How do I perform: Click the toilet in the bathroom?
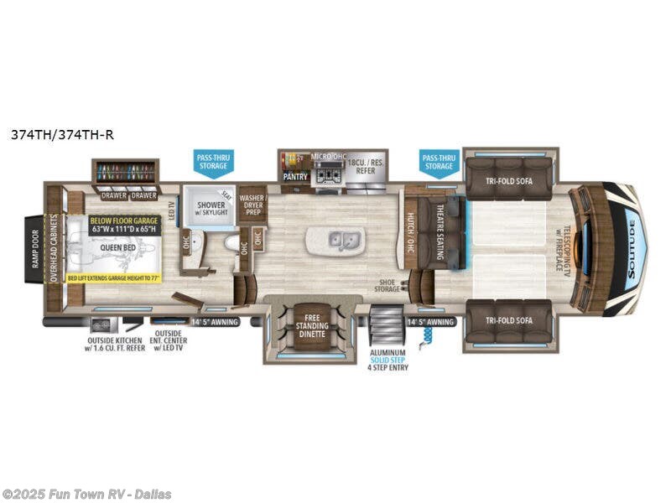pos(231,242)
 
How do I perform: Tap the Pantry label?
pos(295,177)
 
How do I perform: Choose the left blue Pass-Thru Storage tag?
pos(212,161)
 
